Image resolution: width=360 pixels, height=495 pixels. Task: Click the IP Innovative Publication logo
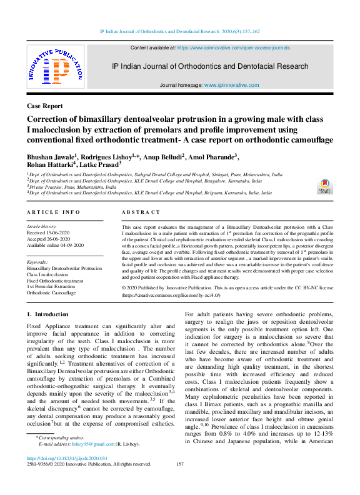click(55, 66)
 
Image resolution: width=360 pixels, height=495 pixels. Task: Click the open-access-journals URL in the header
click(233, 47)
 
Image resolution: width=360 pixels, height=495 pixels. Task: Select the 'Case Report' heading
click(45, 106)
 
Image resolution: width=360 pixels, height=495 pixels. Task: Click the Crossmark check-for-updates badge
click(325, 187)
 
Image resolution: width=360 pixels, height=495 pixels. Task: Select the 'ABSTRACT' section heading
click(141, 212)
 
